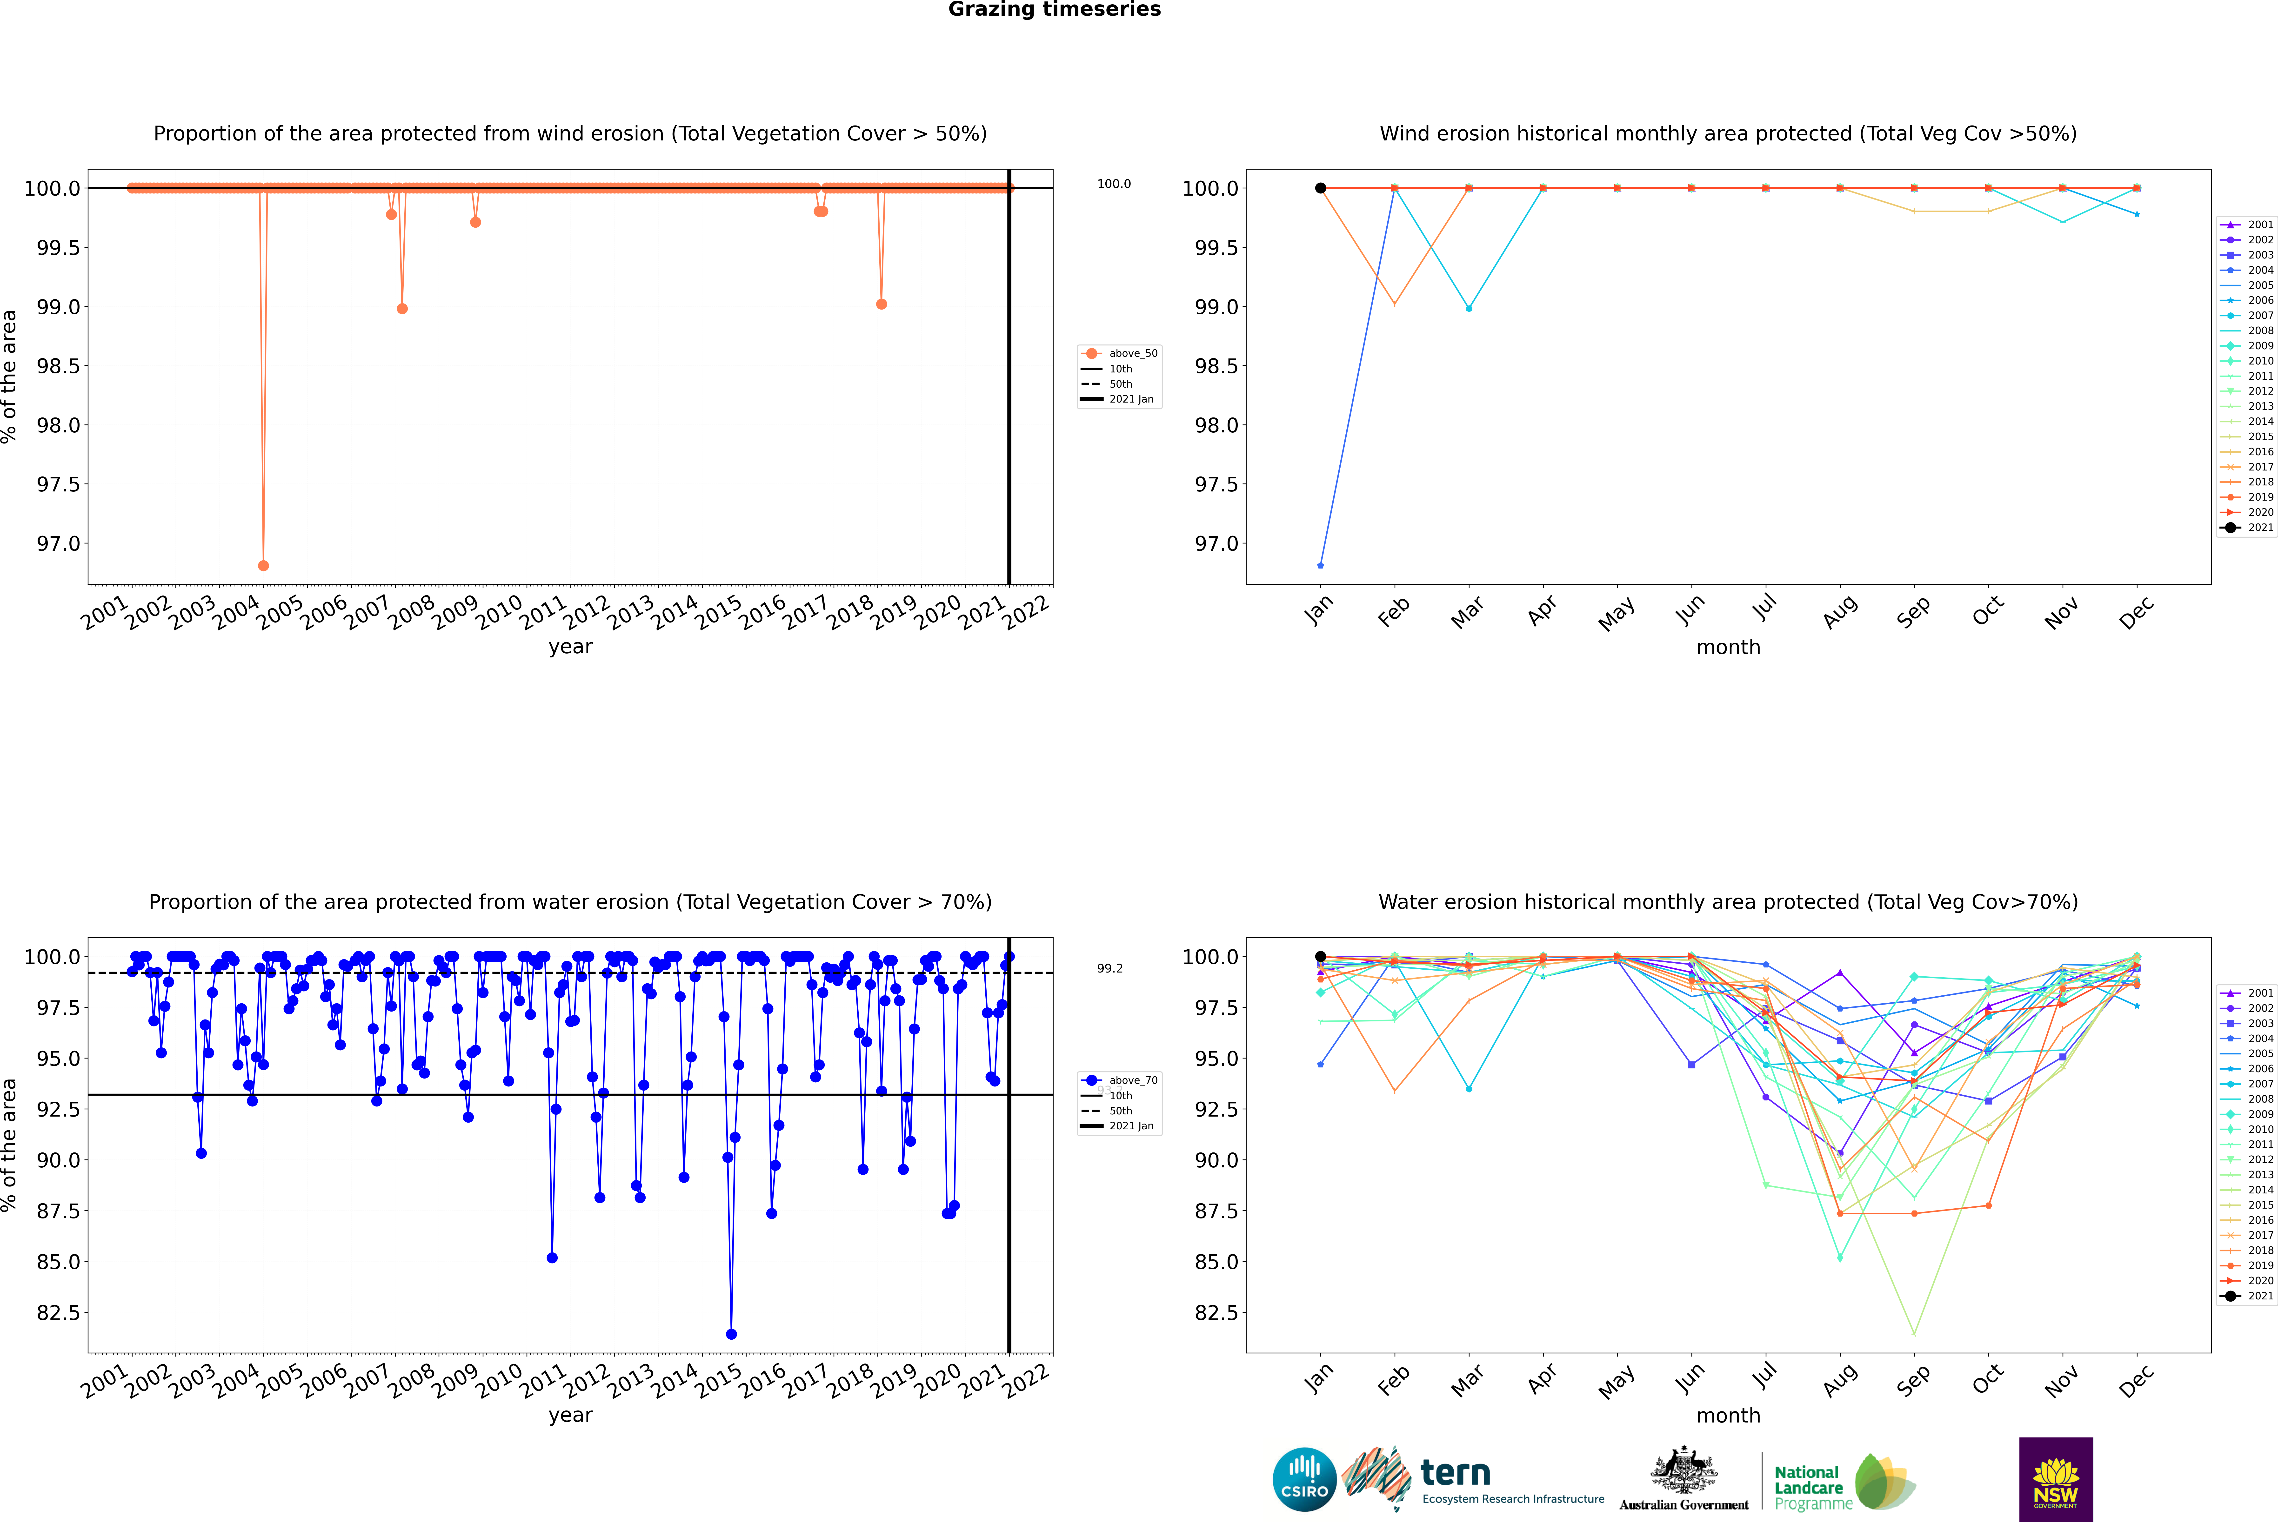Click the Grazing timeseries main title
tap(1055, 10)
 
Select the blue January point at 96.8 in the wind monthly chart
tap(1321, 565)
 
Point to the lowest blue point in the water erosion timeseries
tap(731, 1334)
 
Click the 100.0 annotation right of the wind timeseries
tap(1114, 184)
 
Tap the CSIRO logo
tap(1304, 1479)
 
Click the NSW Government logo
tap(2056, 1479)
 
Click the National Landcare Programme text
tap(1812, 1487)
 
